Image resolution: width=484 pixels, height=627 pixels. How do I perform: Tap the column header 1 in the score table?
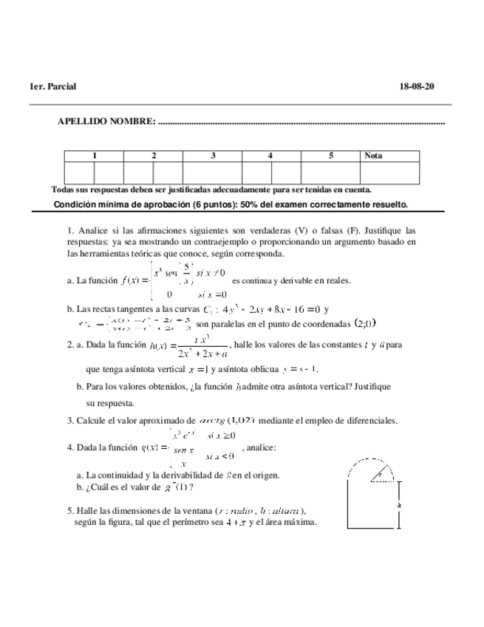pos(94,156)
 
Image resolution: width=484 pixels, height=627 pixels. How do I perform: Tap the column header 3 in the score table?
pos(213,156)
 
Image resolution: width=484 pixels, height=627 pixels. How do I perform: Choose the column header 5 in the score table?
pos(331,156)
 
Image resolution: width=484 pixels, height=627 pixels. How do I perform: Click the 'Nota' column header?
pos(374,156)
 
